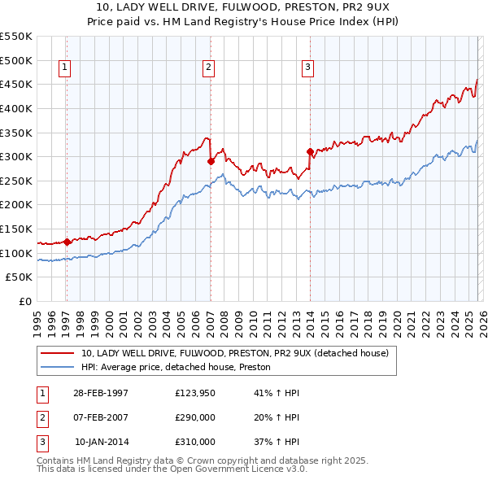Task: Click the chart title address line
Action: pos(244,7)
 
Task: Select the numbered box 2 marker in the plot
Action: pos(209,68)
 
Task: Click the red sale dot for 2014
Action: pos(310,151)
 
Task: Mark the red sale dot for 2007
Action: pos(211,161)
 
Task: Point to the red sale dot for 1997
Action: pos(67,241)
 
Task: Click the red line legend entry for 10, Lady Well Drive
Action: pos(235,353)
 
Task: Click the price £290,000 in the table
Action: pos(195,417)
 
